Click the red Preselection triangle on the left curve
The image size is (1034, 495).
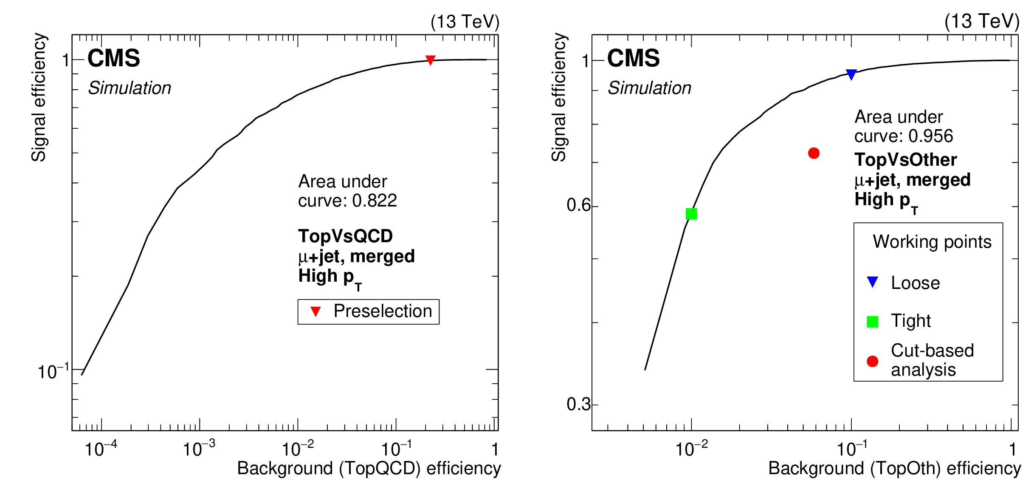pyautogui.click(x=430, y=60)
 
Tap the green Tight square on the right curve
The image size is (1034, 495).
pyautogui.click(x=691, y=214)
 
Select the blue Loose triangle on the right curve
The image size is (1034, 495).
pyautogui.click(x=851, y=74)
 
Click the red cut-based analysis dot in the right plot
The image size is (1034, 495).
pyautogui.click(x=814, y=153)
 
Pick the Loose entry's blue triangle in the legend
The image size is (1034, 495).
pyautogui.click(x=872, y=282)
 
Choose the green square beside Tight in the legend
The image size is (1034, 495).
pyautogui.click(x=872, y=322)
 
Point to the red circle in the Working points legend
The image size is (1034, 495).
pyautogui.click(x=872, y=361)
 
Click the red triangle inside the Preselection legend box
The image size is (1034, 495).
pyautogui.click(x=315, y=311)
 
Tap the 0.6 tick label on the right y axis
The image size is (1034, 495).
pyautogui.click(x=578, y=205)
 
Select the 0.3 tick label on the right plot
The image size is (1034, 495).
pyautogui.click(x=578, y=404)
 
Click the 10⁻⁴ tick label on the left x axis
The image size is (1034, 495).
pyautogui.click(x=101, y=449)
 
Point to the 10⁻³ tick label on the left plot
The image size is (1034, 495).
pyautogui.click(x=199, y=449)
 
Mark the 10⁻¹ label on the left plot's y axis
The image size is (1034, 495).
pyautogui.click(x=53, y=371)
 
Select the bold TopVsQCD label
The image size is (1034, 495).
pyautogui.click(x=345, y=236)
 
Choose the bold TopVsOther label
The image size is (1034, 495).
pyautogui.click(x=906, y=160)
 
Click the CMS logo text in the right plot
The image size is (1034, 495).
pyautogui.click(x=633, y=58)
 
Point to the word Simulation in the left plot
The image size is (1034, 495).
pyautogui.click(x=130, y=88)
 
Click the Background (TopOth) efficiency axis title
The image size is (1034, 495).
pyautogui.click(x=894, y=468)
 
